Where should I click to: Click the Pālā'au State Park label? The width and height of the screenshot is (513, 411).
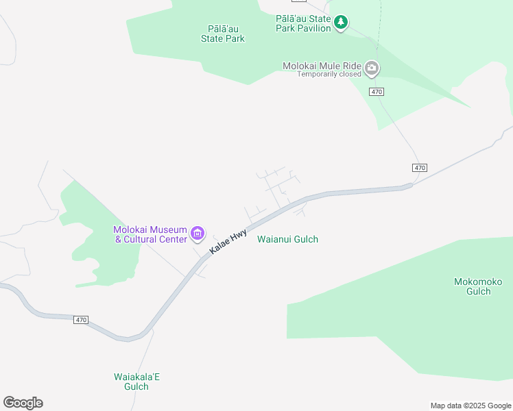click(x=223, y=34)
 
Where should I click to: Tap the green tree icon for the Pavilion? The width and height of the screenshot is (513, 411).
click(x=341, y=23)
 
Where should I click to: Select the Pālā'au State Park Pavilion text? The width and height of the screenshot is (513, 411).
click(x=302, y=24)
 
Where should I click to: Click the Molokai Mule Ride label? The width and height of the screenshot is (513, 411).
click(x=322, y=66)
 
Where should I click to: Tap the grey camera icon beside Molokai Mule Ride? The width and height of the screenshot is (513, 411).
click(x=372, y=67)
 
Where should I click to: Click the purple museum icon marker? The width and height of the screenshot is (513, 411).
click(x=198, y=234)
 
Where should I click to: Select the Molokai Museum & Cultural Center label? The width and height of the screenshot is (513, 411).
click(x=150, y=234)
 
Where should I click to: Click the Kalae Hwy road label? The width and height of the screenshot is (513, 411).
click(x=228, y=242)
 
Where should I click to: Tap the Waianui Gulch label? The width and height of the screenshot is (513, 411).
click(x=287, y=239)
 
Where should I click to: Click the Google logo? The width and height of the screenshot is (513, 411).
click(x=23, y=403)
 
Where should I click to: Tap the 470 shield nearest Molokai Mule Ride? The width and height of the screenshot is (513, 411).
click(x=375, y=92)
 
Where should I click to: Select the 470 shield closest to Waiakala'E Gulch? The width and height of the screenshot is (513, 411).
click(x=82, y=320)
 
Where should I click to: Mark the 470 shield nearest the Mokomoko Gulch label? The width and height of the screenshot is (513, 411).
click(x=420, y=168)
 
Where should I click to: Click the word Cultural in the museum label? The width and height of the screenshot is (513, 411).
click(x=155, y=239)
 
